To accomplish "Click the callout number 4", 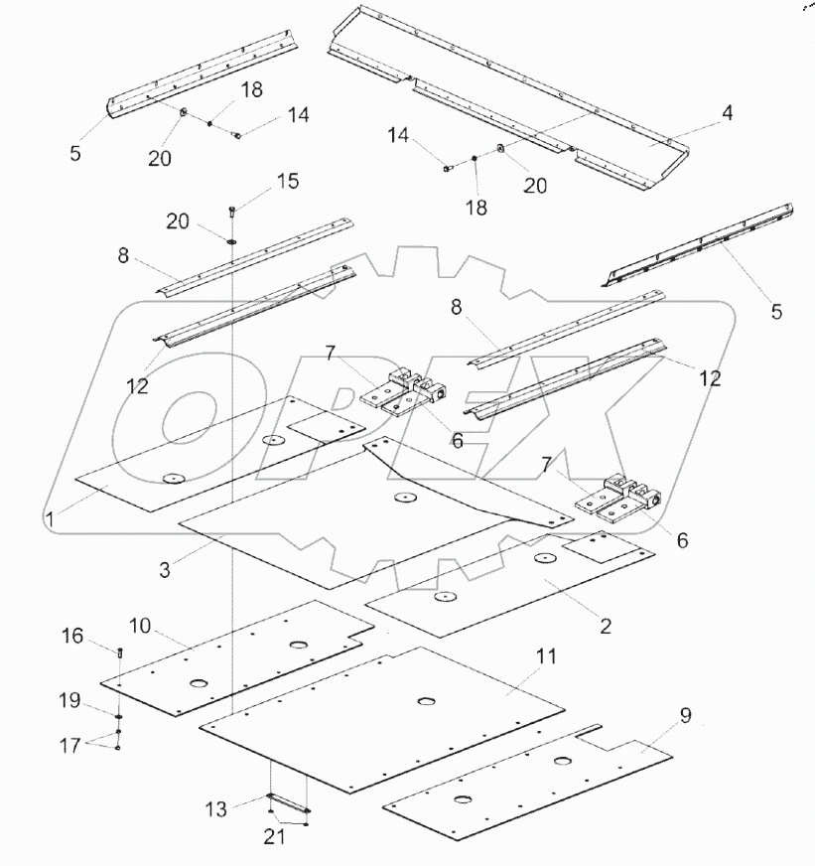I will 727,113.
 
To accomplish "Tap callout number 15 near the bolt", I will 286,183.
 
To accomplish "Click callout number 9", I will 684,715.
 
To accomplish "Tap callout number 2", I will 605,627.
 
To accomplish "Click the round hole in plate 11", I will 426,702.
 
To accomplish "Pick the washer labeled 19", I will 118,714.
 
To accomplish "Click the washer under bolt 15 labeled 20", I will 229,239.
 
